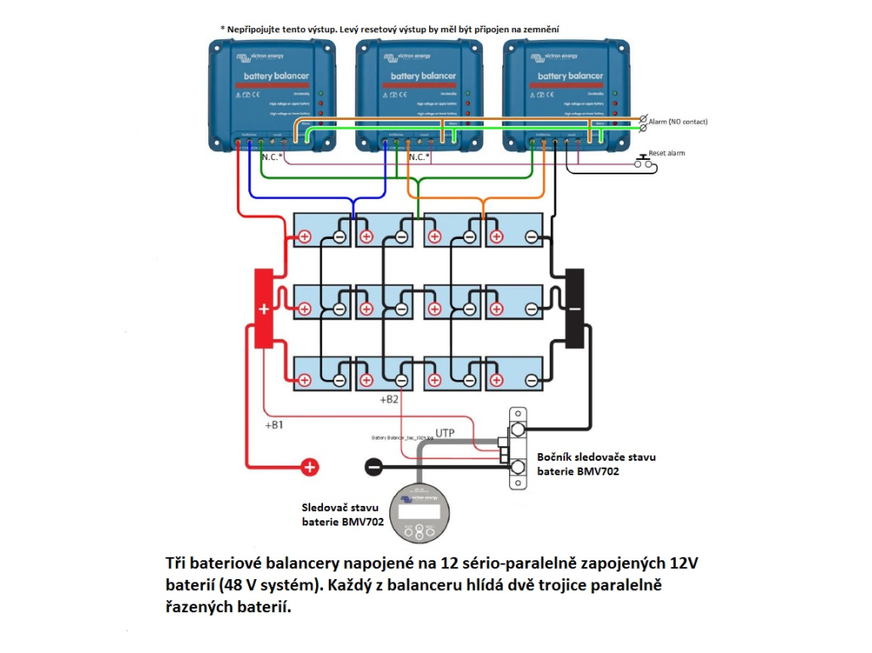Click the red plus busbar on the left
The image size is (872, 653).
click(x=263, y=309)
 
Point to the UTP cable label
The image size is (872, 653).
click(x=444, y=433)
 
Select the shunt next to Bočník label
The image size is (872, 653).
click(x=517, y=447)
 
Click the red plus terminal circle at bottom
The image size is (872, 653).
click(x=310, y=466)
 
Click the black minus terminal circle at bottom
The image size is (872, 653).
click(x=372, y=466)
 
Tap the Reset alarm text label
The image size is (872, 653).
click(x=666, y=153)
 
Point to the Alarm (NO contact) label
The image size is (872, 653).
click(x=677, y=122)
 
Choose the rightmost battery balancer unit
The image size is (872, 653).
click(x=565, y=94)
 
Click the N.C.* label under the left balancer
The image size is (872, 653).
click(x=272, y=157)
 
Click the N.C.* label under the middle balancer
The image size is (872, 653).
click(x=419, y=157)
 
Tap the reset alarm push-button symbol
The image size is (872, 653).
click(x=643, y=162)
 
